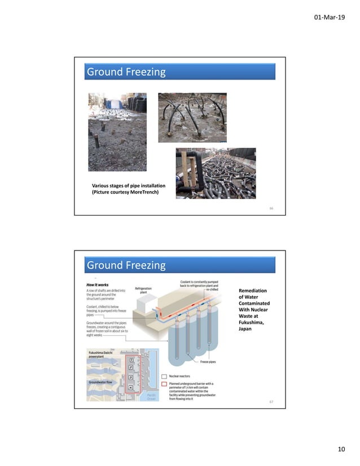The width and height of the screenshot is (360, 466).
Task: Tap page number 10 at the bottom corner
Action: tap(340, 449)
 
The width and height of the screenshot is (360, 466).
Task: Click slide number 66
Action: tap(271, 208)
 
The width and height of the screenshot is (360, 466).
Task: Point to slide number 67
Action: tap(271, 402)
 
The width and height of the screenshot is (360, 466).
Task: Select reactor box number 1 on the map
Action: tap(131, 359)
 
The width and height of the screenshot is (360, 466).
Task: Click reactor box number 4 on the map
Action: tap(131, 387)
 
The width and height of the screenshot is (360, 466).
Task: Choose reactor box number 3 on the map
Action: tap(131, 377)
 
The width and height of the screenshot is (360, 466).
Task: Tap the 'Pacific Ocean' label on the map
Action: tap(151, 396)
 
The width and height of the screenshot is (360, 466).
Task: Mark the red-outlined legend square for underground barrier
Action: tap(164, 383)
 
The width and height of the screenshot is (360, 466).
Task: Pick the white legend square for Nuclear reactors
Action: tap(164, 374)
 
